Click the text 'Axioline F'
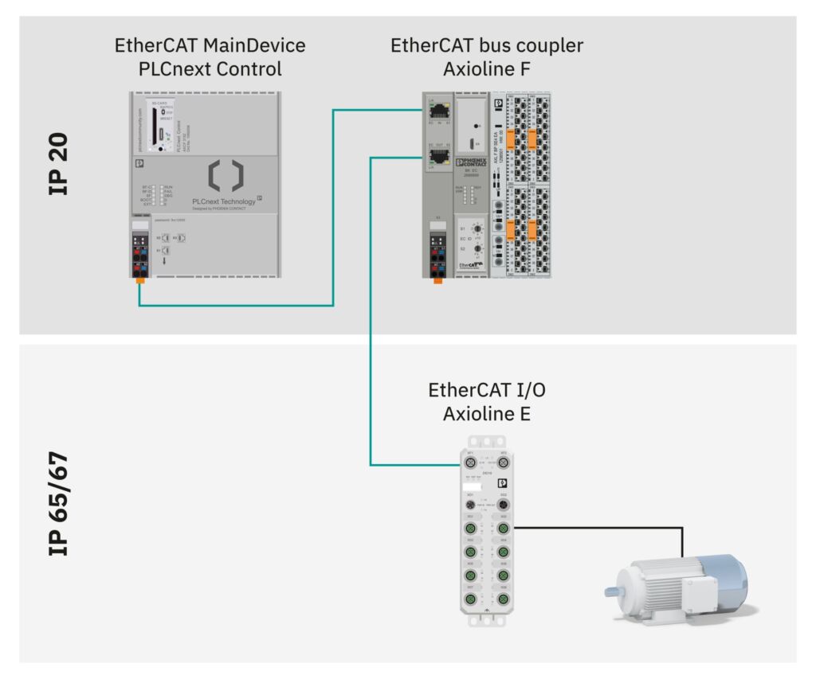pos(487,69)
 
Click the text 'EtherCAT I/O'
pos(487,390)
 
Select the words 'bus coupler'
pos(535,45)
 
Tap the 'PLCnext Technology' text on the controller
pos(224,201)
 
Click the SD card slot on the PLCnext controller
pos(160,132)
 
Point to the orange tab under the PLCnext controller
pos(140,279)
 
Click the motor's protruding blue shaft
pos(614,591)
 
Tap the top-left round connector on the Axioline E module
pos(470,461)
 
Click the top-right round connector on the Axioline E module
pos(503,461)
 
